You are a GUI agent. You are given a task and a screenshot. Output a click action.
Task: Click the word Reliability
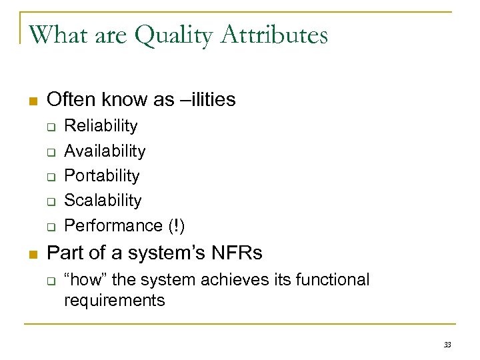click(x=101, y=126)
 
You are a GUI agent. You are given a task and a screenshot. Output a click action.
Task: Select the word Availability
click(x=105, y=151)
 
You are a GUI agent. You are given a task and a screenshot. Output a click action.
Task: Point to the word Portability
click(x=102, y=176)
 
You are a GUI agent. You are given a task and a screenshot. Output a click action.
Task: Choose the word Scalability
click(x=103, y=201)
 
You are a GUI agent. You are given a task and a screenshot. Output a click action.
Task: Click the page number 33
click(x=447, y=344)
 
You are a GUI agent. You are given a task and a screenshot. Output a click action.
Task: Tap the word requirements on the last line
click(x=114, y=301)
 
